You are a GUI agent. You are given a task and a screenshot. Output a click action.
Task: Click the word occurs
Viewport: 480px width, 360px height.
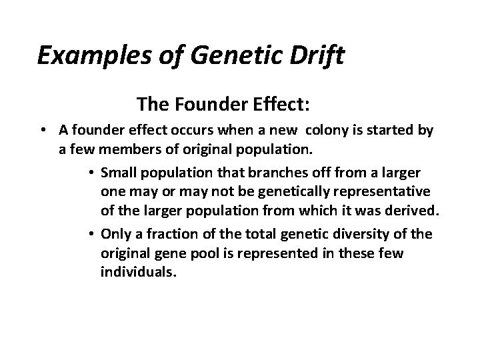click(x=199, y=131)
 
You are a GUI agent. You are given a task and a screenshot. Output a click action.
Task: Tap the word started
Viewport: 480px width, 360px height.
click(x=393, y=131)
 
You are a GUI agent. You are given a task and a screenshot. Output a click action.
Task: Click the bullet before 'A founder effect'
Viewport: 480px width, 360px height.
click(x=42, y=131)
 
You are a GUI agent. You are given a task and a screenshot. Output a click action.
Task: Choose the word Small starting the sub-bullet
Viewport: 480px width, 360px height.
click(x=117, y=173)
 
